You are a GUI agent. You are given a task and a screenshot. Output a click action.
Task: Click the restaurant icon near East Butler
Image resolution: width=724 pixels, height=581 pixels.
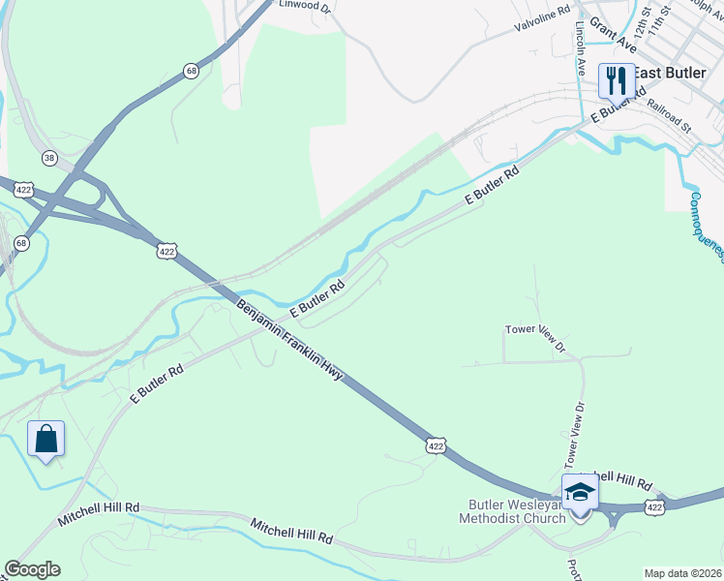[616, 79]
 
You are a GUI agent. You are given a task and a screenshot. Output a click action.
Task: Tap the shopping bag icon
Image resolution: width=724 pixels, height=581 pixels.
[45, 439]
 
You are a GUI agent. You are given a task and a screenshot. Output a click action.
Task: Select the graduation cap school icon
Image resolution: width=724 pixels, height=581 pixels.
[580, 493]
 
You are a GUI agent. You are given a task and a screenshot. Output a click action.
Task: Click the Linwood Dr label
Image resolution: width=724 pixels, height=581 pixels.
[305, 6]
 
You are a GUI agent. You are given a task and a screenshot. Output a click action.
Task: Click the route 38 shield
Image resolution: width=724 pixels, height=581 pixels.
[49, 157]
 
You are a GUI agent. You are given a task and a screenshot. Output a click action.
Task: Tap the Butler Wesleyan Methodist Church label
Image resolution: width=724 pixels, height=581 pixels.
[516, 510]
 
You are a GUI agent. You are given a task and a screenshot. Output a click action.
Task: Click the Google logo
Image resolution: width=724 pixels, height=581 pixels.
[32, 569]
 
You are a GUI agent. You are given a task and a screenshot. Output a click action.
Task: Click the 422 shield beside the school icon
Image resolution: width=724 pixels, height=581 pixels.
[655, 507]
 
